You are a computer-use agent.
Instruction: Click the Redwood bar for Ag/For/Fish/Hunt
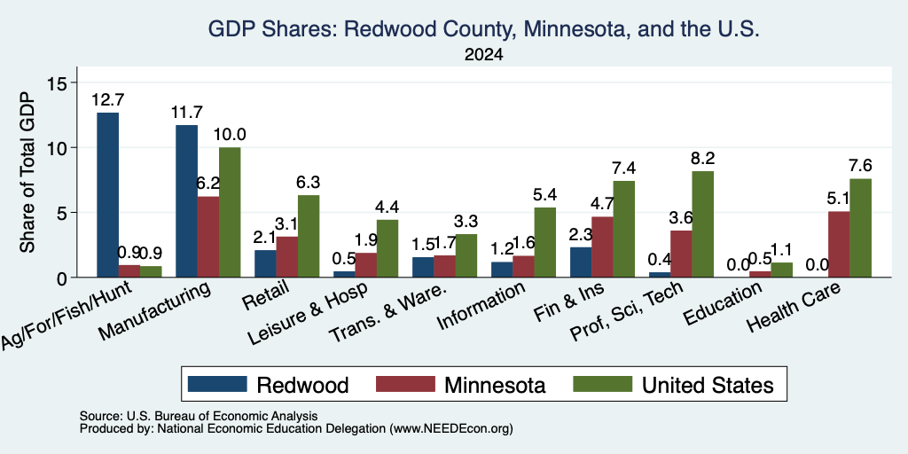[107, 194]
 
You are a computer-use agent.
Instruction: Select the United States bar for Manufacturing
[230, 213]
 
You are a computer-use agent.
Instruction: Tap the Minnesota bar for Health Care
[839, 245]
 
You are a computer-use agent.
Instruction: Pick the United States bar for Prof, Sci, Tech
[702, 224]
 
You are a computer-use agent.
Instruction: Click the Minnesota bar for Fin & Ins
[602, 247]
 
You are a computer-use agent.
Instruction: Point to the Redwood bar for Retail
[265, 263]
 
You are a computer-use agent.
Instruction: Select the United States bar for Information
[545, 242]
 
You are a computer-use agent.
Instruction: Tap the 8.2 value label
[702, 159]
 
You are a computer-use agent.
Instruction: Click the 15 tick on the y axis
[59, 82]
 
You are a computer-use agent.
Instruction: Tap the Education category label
[722, 304]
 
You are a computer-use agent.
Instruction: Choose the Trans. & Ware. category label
[388, 311]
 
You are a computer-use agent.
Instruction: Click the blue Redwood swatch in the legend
[217, 384]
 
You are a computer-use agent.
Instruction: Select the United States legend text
[708, 385]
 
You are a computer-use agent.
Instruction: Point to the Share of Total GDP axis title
[27, 172]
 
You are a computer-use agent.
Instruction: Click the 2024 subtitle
[483, 55]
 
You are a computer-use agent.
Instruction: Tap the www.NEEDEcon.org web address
[451, 429]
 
